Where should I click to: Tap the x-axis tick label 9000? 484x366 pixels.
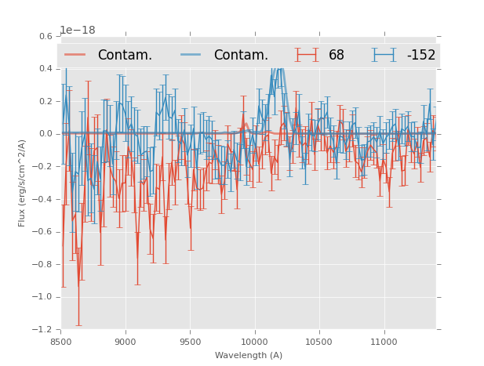(126, 342)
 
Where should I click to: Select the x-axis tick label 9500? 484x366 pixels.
(190, 342)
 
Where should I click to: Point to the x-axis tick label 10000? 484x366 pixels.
(254, 342)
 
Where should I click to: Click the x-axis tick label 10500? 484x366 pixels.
(319, 342)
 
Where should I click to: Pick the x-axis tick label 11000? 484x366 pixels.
(384, 342)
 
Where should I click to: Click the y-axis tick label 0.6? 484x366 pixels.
(46, 36)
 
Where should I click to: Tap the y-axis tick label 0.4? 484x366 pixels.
(46, 69)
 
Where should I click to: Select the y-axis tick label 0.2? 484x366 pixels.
(46, 101)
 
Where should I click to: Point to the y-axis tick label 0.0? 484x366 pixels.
(46, 134)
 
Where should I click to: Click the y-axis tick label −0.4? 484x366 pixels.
(44, 199)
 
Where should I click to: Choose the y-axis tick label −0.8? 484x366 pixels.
(44, 264)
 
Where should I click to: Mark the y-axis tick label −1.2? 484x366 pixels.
(44, 329)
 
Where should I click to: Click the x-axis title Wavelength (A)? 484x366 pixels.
(249, 355)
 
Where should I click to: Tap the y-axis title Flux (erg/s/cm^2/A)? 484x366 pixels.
(23, 183)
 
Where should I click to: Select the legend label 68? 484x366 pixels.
(337, 56)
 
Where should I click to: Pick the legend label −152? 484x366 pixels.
(420, 56)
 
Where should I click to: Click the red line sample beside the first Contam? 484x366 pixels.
(75, 55)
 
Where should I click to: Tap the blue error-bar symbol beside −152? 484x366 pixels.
(384, 55)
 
